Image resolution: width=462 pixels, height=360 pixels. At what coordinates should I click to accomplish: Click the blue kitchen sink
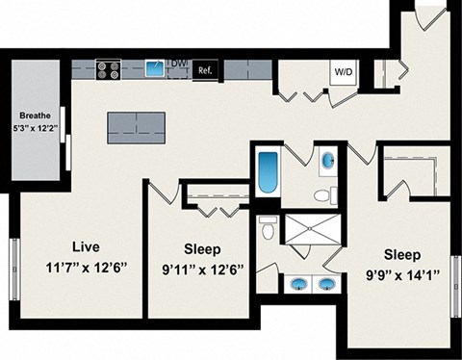coord(154,68)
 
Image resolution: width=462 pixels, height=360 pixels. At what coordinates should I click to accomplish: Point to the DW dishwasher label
coord(178,64)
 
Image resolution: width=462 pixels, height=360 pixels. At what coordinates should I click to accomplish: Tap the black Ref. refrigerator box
coord(204,70)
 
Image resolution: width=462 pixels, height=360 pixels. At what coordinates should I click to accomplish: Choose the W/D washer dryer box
coord(343,71)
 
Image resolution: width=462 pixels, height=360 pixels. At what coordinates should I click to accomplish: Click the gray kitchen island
coord(137,123)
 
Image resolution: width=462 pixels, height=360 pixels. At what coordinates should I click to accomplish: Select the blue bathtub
coord(266,170)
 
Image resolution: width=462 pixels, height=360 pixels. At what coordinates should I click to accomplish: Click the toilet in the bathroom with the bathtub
coord(322,195)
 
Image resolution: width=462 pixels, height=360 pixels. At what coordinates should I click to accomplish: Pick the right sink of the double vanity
coord(327,283)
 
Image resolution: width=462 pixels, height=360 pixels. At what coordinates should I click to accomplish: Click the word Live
coord(86,246)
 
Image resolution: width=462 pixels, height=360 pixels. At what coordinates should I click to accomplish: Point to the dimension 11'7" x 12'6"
coord(86,269)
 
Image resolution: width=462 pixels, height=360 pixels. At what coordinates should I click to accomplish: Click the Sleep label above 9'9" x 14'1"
coord(401,255)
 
